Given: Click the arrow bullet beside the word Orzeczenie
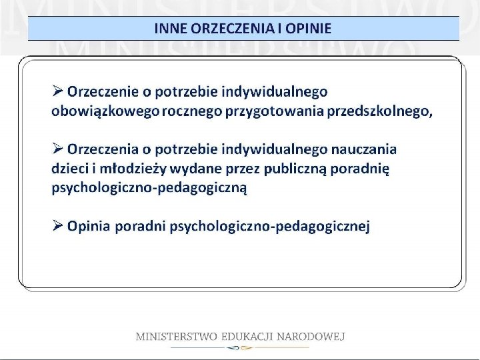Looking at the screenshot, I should coord(58,89).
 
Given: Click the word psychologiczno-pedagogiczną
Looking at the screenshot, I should coord(149,188).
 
